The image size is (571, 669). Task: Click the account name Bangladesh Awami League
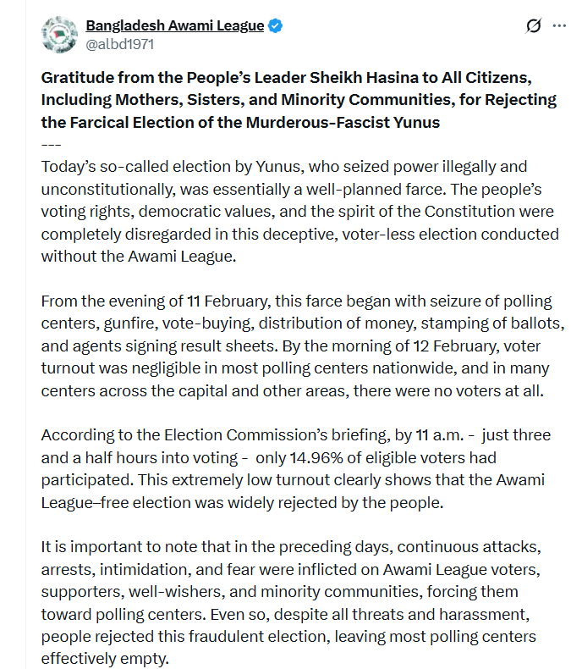click(175, 25)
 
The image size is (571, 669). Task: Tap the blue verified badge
click(276, 26)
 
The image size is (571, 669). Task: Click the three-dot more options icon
click(559, 26)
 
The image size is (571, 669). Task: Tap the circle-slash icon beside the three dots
click(533, 26)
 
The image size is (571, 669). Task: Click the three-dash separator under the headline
click(51, 142)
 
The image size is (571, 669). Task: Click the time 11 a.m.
click(438, 435)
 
